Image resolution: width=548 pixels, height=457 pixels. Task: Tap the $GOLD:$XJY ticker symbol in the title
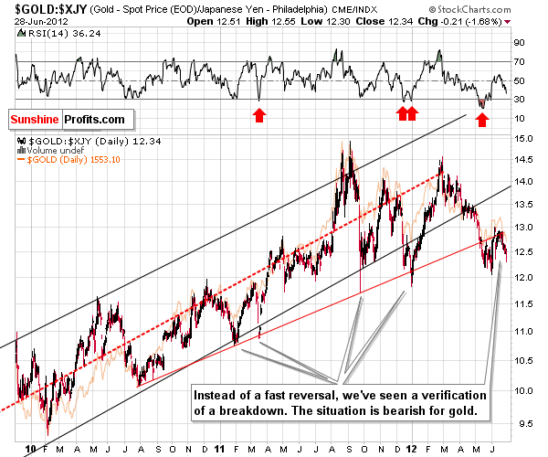37,8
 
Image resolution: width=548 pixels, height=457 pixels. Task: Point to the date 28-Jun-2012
27,22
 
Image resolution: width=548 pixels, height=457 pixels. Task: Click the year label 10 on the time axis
31,449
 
